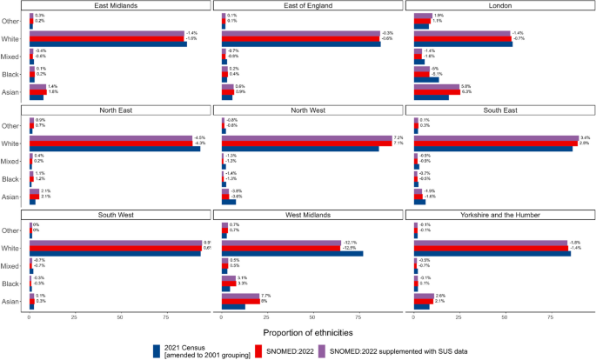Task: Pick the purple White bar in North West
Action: coord(307,137)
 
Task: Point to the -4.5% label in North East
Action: coord(199,138)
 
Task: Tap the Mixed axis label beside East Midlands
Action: coord(17,57)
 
